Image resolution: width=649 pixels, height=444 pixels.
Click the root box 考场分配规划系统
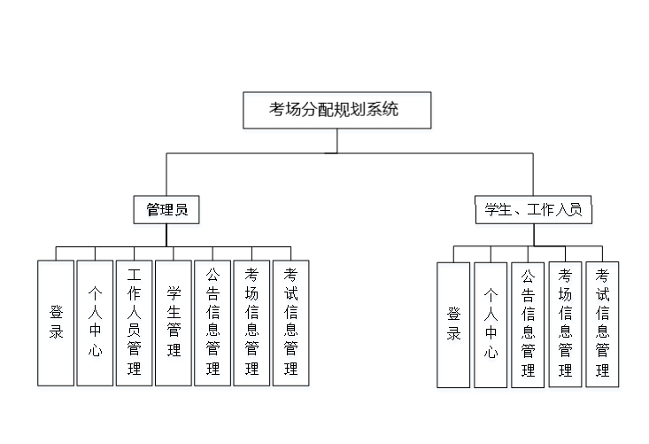(336, 110)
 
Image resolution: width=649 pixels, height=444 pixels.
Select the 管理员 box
(166, 210)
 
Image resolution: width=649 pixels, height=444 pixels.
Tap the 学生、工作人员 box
(533, 210)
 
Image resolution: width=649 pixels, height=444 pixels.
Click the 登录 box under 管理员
(56, 323)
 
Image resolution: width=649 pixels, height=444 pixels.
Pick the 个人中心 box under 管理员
(95, 323)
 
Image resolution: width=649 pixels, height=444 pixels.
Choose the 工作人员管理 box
(134, 323)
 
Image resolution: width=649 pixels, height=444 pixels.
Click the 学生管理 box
(174, 323)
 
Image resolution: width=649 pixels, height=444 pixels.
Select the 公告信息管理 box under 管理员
(212, 323)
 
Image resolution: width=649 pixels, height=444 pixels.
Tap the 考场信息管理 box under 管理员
(251, 323)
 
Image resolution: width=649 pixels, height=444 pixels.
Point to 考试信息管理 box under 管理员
(290, 323)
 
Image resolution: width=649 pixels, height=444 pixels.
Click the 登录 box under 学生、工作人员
(453, 324)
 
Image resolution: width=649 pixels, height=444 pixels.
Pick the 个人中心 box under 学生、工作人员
(491, 324)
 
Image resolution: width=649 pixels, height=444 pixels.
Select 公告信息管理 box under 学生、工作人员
(528, 324)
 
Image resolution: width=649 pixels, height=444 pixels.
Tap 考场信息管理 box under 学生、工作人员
(565, 324)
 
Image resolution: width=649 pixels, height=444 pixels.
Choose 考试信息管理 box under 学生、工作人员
(602, 324)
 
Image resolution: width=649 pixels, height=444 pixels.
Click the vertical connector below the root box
(336, 141)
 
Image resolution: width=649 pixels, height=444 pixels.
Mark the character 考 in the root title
(277, 110)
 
